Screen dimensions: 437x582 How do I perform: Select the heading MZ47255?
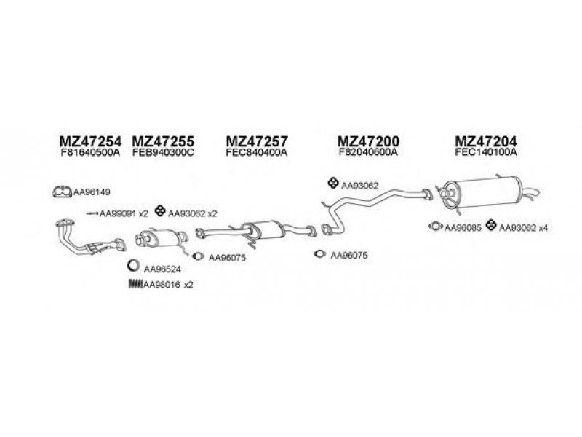(x=163, y=141)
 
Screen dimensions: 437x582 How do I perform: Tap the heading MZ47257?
(x=257, y=141)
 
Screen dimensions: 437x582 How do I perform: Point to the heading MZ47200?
(x=369, y=141)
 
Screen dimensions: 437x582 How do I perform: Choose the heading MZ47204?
(x=485, y=141)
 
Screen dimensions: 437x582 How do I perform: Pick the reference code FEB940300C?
(x=163, y=153)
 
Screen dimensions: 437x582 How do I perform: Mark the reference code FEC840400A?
(x=257, y=153)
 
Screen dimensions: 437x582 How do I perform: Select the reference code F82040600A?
(x=369, y=153)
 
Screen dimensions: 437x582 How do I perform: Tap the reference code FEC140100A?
(x=485, y=153)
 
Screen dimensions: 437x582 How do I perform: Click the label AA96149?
(x=92, y=193)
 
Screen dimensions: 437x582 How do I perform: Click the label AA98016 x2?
(x=168, y=284)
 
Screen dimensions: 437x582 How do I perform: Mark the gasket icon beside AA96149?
(x=63, y=193)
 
